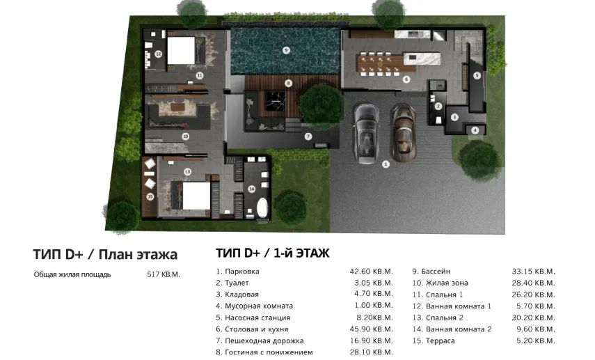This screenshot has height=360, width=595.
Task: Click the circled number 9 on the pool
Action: tap(285, 49)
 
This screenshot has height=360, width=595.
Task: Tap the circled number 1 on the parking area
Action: tap(384, 164)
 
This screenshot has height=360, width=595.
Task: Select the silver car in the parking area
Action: tap(365, 130)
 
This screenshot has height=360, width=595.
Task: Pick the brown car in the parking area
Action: tap(402, 130)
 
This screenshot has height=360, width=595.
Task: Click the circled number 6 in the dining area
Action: tap(406, 79)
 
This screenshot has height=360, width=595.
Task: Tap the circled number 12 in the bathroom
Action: tap(159, 54)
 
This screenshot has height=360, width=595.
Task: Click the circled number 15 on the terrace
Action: tap(150, 197)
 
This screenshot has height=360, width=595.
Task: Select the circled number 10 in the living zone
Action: tap(185, 136)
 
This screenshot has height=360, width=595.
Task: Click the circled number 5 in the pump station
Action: tap(477, 75)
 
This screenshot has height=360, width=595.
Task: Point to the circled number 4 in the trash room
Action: tap(475, 130)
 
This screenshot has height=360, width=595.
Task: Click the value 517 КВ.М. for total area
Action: tap(164, 274)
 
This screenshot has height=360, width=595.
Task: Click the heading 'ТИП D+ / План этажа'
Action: tap(105, 253)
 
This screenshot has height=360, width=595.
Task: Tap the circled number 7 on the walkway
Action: tap(308, 136)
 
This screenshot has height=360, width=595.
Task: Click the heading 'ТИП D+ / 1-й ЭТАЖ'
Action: tap(273, 253)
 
